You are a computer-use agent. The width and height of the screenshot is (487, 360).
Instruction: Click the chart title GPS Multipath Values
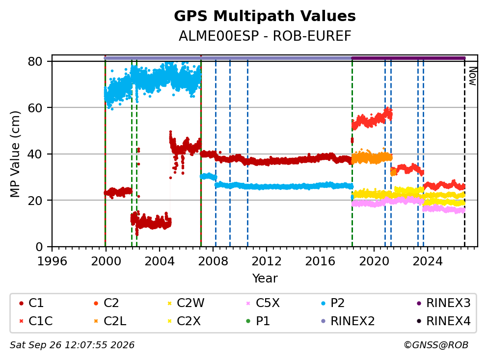click(x=265, y=16)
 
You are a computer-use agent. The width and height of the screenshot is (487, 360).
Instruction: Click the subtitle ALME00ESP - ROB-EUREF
click(x=265, y=36)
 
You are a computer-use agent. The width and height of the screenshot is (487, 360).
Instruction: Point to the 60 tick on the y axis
click(x=35, y=108)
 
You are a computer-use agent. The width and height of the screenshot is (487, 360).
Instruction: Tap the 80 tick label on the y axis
click(x=35, y=61)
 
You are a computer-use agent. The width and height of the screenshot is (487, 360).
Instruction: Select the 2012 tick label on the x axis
click(x=266, y=261)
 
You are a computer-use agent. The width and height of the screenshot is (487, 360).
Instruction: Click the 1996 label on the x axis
click(x=52, y=261)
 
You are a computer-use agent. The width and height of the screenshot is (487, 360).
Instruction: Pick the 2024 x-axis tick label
click(x=428, y=261)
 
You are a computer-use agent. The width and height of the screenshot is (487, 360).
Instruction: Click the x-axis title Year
click(x=265, y=278)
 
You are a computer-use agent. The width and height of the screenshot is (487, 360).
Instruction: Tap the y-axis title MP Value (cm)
click(x=15, y=154)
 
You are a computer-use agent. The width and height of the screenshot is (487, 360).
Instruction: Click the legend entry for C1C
click(x=36, y=321)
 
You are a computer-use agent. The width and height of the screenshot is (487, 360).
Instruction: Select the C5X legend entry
click(x=263, y=303)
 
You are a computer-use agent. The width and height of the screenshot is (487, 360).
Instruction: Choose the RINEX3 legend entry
click(x=443, y=303)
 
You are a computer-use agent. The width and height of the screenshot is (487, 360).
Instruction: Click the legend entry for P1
click(x=258, y=321)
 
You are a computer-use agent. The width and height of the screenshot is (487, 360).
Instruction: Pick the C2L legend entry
click(x=110, y=321)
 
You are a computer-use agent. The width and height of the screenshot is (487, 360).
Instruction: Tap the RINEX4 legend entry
click(x=443, y=321)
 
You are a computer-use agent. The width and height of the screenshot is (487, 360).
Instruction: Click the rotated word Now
click(x=473, y=76)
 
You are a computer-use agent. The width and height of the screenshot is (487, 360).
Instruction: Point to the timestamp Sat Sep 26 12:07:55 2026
click(x=72, y=345)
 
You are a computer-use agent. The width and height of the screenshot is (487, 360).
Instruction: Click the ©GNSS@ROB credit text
click(x=436, y=345)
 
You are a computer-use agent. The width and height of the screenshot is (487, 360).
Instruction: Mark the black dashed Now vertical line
click(x=464, y=153)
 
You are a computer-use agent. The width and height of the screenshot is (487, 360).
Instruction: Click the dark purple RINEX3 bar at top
click(x=408, y=58)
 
